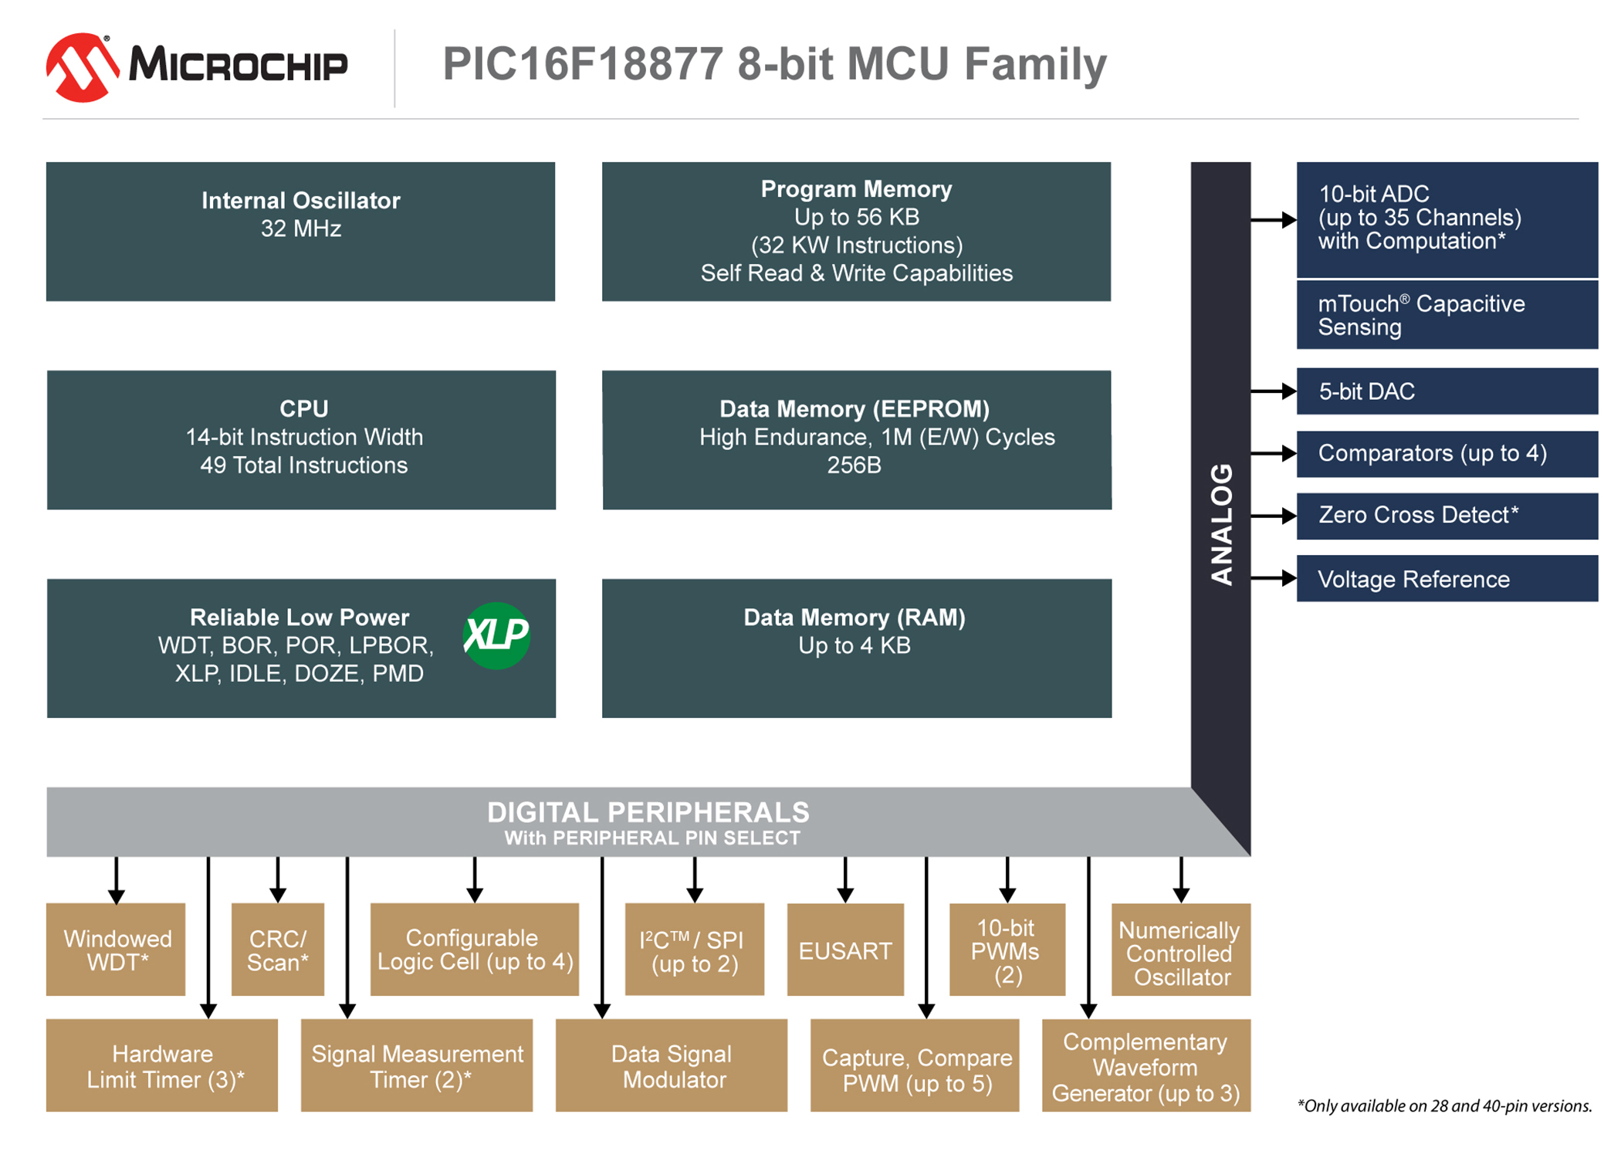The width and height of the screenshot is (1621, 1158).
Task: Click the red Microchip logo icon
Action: click(83, 67)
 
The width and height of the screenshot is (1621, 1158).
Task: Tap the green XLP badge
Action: click(496, 635)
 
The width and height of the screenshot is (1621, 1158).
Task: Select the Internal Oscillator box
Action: click(300, 232)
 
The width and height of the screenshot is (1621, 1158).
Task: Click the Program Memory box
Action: click(856, 232)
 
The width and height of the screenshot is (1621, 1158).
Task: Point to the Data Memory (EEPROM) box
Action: click(857, 440)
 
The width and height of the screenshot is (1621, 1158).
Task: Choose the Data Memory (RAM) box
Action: click(857, 648)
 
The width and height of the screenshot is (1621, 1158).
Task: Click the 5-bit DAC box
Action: click(1447, 391)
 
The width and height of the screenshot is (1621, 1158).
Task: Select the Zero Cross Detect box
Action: click(1447, 516)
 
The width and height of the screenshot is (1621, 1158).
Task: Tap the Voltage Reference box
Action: click(1447, 578)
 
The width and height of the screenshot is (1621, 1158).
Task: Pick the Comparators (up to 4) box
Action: click(1447, 454)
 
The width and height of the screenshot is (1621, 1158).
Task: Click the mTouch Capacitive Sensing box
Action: click(1447, 315)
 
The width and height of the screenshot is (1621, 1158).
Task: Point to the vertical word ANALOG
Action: click(1221, 524)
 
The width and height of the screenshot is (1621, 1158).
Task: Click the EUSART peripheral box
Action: click(845, 950)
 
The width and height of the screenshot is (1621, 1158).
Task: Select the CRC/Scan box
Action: click(278, 950)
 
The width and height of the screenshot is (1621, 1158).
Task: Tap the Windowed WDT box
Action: click(116, 950)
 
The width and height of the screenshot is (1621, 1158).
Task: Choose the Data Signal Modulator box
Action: click(672, 1065)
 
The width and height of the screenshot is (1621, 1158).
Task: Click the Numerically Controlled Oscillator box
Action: click(1181, 950)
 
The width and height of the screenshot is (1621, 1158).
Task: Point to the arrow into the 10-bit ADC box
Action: click(1274, 220)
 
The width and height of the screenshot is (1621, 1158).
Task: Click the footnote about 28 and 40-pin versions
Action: click(1444, 1106)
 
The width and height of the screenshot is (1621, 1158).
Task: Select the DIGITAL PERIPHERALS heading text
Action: click(648, 812)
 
